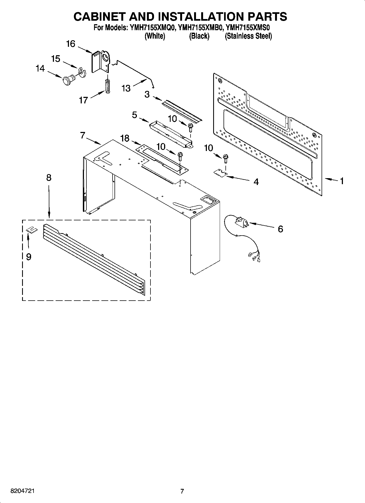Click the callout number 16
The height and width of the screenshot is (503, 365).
[71, 44]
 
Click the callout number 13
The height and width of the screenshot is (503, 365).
[126, 88]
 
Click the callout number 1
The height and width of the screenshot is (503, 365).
[342, 181]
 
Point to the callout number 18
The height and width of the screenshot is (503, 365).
[125, 138]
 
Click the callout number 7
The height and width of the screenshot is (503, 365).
[83, 135]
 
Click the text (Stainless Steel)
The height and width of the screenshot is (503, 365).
[248, 36]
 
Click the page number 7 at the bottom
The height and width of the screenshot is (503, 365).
[182, 491]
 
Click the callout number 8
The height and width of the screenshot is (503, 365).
[49, 178]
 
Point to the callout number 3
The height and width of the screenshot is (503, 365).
[147, 94]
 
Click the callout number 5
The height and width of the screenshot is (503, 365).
[134, 115]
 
